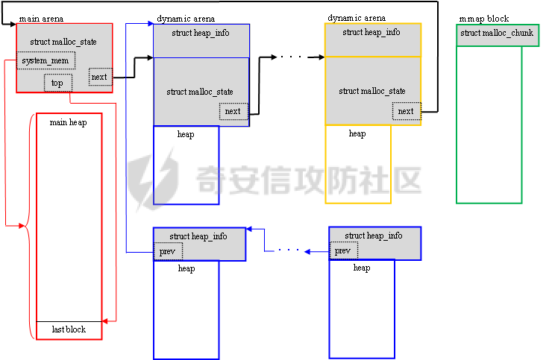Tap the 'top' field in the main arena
click(57, 83)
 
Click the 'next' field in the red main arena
click(99, 77)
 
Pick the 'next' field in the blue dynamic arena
click(233, 112)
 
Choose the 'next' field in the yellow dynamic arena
click(406, 112)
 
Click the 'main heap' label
click(68, 121)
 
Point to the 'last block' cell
click(69, 329)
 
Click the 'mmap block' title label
click(486, 18)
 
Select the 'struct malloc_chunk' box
click(497, 34)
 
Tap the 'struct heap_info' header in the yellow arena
click(371, 33)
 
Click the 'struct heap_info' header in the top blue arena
click(200, 34)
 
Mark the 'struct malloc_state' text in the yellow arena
click(372, 91)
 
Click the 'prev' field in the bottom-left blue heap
click(166, 251)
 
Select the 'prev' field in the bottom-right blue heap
click(342, 251)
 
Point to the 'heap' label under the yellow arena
click(357, 134)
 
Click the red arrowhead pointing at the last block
click(105, 320)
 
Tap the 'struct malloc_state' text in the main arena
click(63, 42)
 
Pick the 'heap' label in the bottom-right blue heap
click(362, 268)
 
